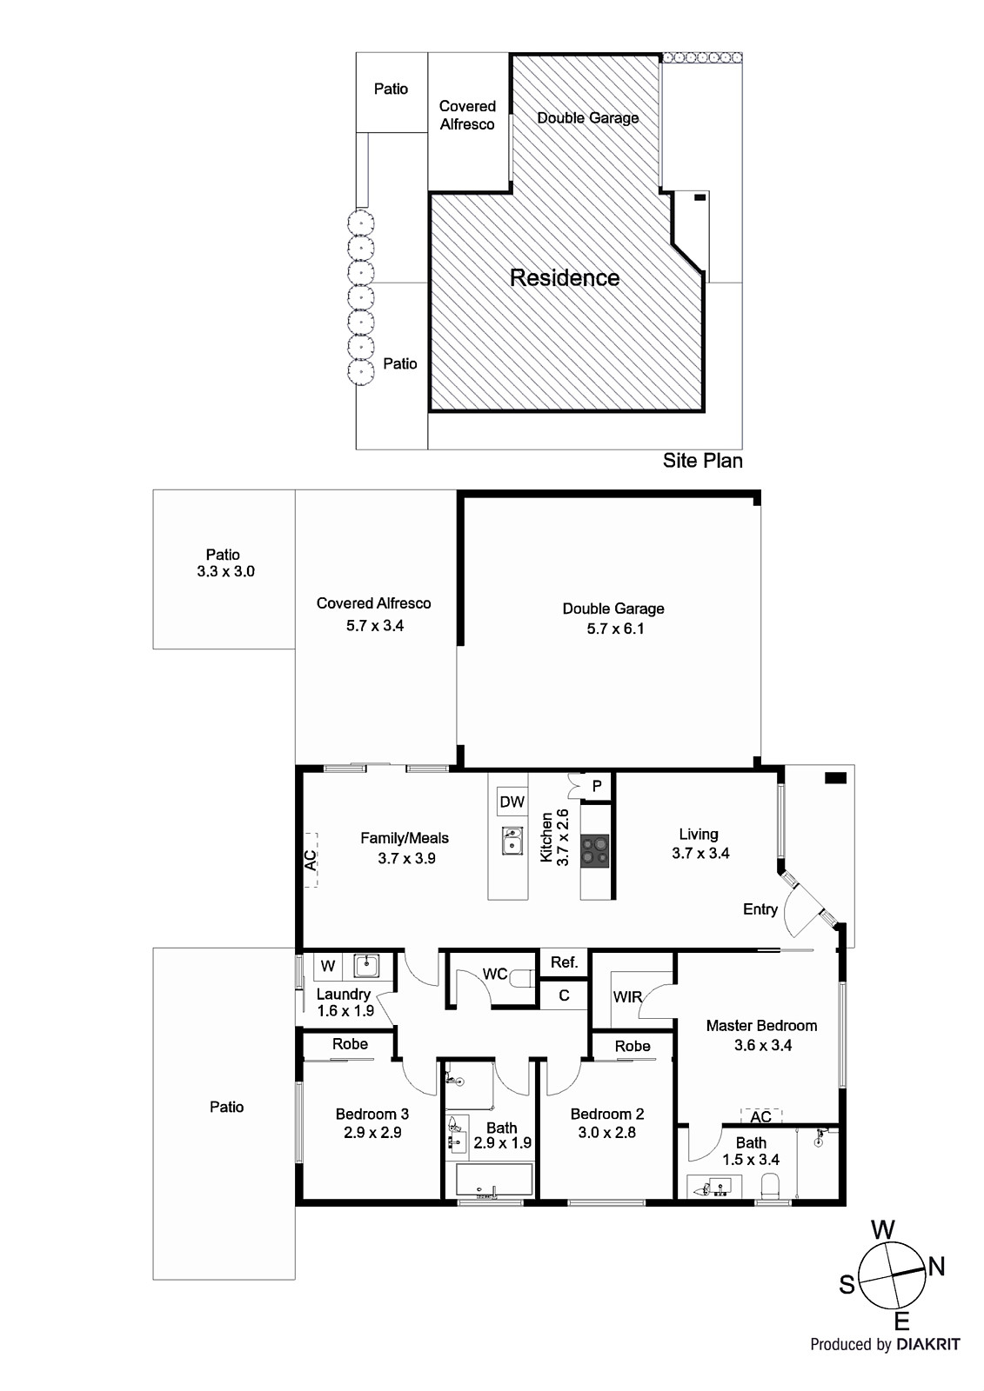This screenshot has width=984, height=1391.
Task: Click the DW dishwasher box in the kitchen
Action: [x=512, y=802]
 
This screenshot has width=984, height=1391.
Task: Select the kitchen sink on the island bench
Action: [x=512, y=841]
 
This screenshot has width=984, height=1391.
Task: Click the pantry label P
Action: [x=597, y=786]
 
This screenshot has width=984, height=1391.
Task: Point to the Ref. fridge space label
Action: [x=564, y=962]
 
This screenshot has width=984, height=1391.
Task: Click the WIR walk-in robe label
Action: [x=627, y=997]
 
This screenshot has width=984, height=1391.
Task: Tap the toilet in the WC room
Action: [x=521, y=979]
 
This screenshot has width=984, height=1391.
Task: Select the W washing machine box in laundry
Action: [x=328, y=966]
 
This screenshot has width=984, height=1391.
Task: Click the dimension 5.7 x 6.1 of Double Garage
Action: [x=615, y=629]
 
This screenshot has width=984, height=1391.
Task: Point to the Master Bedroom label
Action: [x=761, y=1026]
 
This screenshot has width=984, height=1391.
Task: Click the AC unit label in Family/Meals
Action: [x=310, y=860]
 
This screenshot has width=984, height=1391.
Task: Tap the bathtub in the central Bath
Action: [x=494, y=1181]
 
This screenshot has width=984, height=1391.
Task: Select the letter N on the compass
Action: [x=937, y=1267]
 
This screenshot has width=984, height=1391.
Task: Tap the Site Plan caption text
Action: [x=702, y=461]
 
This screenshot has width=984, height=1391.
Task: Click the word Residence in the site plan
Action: [x=565, y=278]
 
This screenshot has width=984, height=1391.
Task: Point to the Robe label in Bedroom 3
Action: [x=350, y=1044]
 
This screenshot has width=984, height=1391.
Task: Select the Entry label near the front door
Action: [x=760, y=909]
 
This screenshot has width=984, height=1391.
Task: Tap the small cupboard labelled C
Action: [x=564, y=995]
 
